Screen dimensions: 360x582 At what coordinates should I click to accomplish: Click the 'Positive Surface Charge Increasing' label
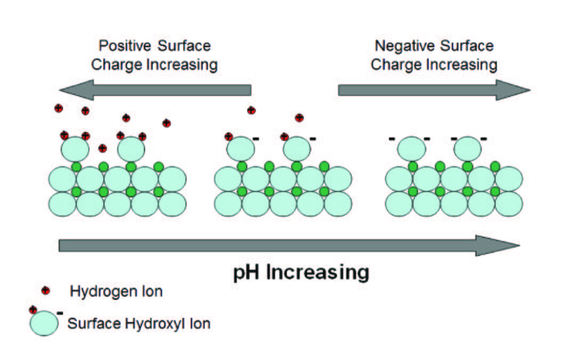tap(154, 55)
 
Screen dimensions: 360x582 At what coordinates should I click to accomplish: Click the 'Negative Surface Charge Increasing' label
tap(434, 55)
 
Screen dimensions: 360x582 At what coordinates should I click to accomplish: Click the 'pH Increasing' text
tap(301, 273)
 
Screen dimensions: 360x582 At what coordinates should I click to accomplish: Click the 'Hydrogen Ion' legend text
tap(116, 292)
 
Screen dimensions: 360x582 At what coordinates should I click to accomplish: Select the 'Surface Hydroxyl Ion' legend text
tap(139, 323)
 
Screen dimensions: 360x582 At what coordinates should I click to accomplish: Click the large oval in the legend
tap(44, 323)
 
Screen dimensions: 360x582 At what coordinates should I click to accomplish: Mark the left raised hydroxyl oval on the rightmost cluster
tap(412, 149)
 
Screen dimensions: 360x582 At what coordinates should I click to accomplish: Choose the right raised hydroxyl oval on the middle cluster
tap(297, 149)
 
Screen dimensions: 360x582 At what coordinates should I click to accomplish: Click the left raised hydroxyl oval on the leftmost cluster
tap(75, 149)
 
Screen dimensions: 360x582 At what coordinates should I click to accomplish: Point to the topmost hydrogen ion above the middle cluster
tap(251, 110)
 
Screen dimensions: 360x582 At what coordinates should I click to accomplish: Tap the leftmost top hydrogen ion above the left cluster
tap(59, 108)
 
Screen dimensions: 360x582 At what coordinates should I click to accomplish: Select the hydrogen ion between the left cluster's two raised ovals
tap(103, 148)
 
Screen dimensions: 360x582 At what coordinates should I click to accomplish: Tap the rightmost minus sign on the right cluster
tap(483, 139)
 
